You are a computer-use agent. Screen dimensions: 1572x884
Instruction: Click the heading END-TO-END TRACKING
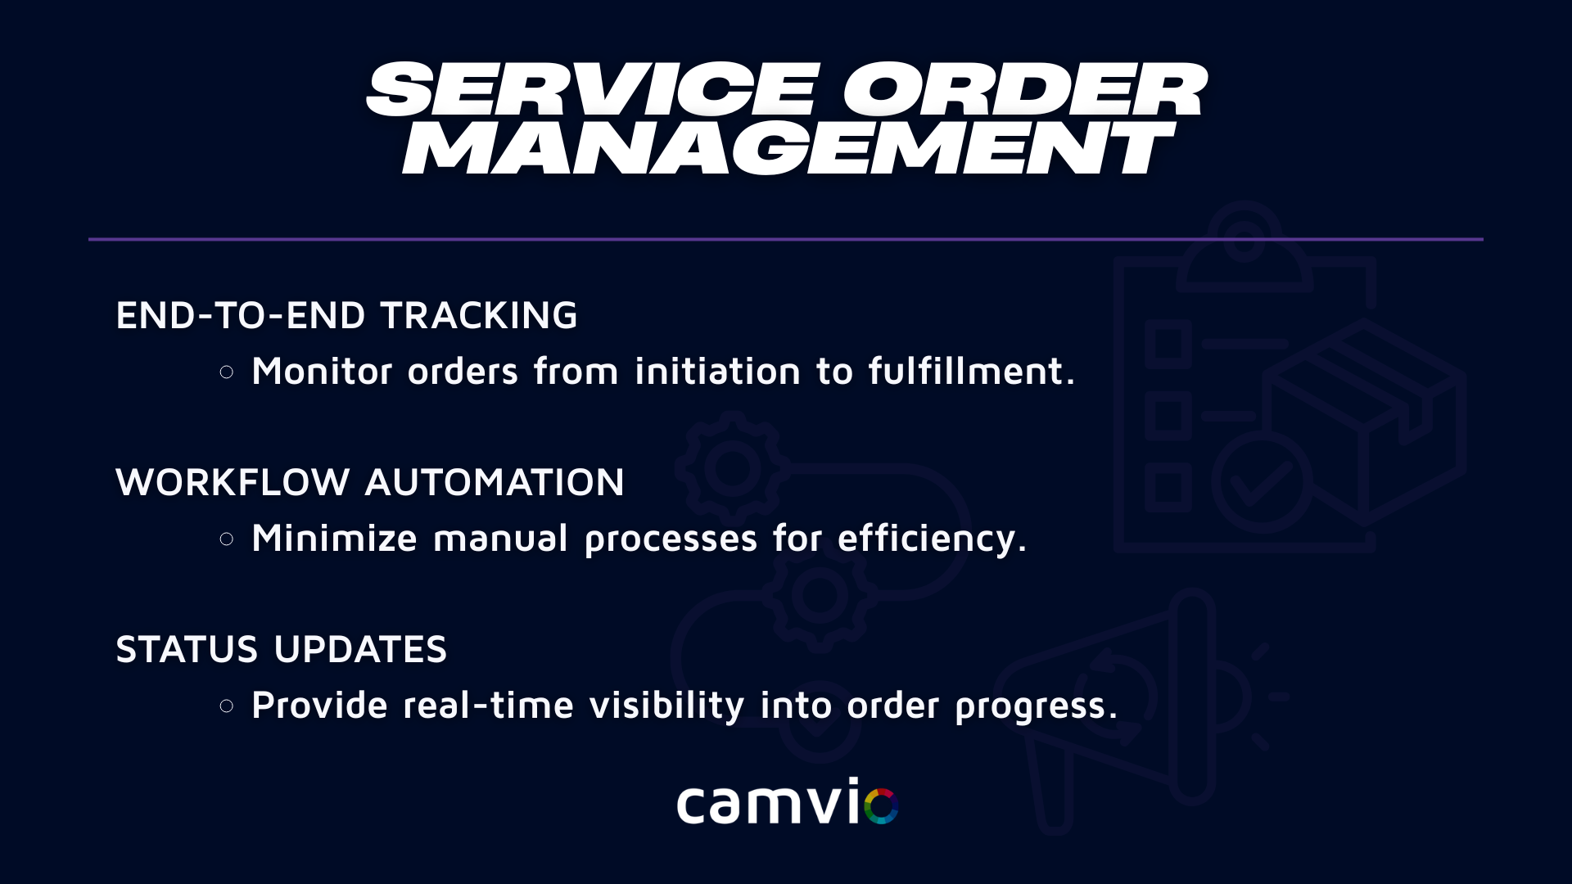(x=346, y=315)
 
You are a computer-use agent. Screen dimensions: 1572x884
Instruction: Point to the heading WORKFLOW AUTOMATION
(x=370, y=482)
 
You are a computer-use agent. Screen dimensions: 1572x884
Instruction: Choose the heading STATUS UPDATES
(x=282, y=649)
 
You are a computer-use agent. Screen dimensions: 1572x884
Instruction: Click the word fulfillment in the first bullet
(x=972, y=371)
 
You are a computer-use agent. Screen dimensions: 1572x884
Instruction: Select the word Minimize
(x=335, y=538)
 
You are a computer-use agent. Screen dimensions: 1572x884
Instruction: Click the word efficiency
(x=932, y=539)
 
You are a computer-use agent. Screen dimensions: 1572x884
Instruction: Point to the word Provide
(x=320, y=705)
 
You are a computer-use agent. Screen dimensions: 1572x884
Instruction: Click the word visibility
(x=667, y=706)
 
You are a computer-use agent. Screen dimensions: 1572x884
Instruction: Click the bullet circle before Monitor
(x=227, y=372)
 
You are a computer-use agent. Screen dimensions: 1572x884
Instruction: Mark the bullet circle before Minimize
(x=227, y=539)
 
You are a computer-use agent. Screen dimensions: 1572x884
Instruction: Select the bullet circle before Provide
(x=227, y=706)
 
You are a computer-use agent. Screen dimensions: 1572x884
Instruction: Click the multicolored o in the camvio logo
(x=881, y=805)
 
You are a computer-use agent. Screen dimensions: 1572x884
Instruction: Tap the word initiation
(x=718, y=371)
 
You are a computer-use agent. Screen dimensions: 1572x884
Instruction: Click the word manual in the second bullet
(x=500, y=538)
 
